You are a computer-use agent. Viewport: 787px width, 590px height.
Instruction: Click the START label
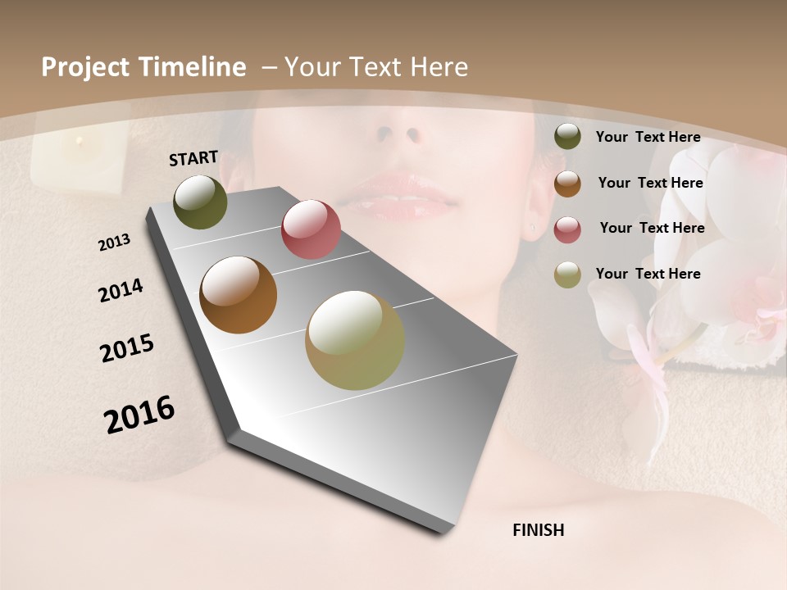coord(193,158)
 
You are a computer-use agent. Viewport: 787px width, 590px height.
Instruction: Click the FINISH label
coord(538,530)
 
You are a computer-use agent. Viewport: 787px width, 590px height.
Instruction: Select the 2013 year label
coord(114,243)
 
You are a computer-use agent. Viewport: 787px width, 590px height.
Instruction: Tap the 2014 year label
coord(121,291)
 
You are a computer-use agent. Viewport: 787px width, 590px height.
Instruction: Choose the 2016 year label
coord(139,415)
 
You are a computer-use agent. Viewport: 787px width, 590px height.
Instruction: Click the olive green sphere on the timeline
coord(200,202)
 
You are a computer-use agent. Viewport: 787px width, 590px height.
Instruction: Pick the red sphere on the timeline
coord(311,229)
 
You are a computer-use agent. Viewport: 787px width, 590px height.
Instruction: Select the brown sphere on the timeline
coord(239,295)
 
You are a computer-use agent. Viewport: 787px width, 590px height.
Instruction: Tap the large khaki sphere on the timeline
coord(354,340)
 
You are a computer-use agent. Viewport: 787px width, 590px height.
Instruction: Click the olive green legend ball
coord(567,136)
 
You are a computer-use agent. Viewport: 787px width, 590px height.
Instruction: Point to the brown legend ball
coord(567,184)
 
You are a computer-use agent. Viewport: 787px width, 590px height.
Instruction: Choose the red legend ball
coord(567,229)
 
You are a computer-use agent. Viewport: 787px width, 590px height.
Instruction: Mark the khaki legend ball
coord(567,275)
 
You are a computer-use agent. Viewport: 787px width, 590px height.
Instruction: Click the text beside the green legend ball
coord(648,137)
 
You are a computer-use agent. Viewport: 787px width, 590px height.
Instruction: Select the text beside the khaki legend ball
coord(648,274)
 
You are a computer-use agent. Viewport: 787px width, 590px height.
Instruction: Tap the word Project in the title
coord(85,67)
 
